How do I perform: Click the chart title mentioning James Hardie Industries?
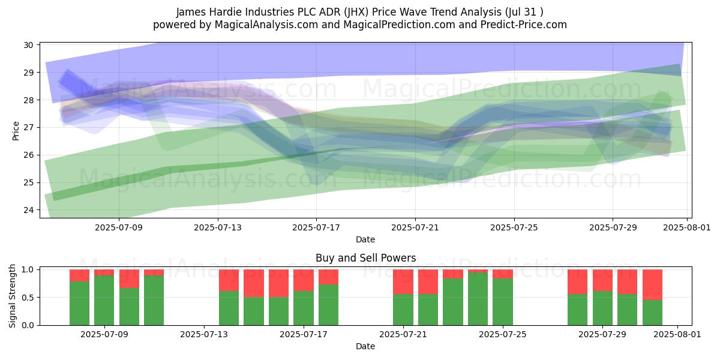coord(359,12)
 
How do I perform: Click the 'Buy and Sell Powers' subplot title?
coord(365,258)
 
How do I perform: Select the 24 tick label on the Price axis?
coord(29,210)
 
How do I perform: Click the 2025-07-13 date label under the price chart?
coord(218,227)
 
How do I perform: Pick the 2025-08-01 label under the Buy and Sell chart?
coord(677,334)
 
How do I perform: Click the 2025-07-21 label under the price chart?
coord(415,227)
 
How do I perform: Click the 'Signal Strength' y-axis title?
coord(12,296)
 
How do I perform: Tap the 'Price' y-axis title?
coord(16,131)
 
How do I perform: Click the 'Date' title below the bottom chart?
coord(365,346)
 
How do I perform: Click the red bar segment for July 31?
coord(653,285)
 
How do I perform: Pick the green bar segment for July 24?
coord(478,299)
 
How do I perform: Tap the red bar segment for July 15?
coord(254,283)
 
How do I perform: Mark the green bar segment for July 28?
coord(577,310)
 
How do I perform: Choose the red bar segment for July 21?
coord(403,282)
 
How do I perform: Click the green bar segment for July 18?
coord(329,305)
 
